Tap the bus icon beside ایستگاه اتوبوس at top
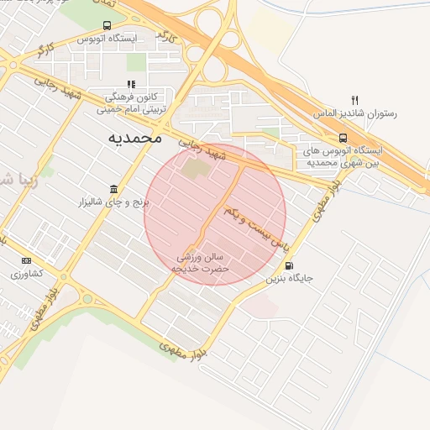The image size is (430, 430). tap(107, 26)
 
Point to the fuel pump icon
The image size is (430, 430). tap(290, 265)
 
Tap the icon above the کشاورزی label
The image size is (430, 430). tap(27, 260)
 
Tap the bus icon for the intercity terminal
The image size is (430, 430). tap(343, 138)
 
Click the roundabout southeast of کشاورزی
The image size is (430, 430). tap(87, 298)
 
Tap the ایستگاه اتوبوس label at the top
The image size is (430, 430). tap(107, 39)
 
